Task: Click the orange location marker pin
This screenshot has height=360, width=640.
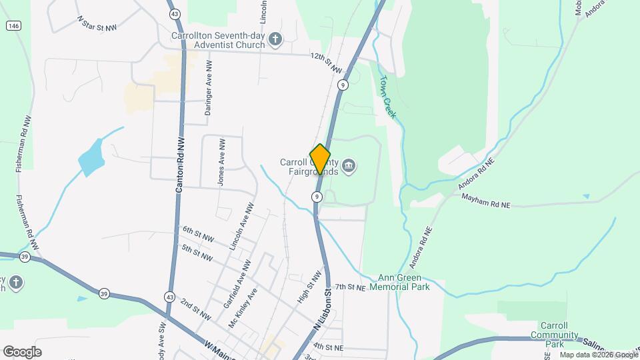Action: pos(321,159)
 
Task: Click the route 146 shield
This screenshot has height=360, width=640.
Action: pos(13,25)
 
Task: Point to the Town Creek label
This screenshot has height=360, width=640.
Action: pos(388,97)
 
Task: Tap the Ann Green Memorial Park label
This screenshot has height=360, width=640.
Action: pos(395,282)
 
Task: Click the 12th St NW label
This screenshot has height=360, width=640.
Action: pos(326,64)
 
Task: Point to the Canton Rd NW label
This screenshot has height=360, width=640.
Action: pos(179,165)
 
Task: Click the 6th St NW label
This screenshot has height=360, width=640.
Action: pos(198,235)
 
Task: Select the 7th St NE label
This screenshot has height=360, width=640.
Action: pos(351,287)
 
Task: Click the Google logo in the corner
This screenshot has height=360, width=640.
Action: pos(22,351)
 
